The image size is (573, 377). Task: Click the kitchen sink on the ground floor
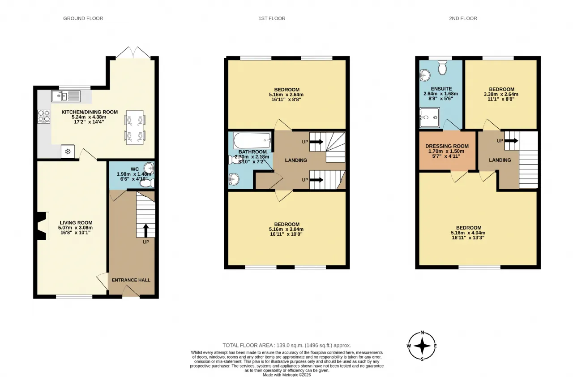tap(66, 96)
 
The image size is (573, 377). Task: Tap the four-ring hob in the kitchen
tap(44, 117)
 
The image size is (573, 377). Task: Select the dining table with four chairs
tap(135, 127)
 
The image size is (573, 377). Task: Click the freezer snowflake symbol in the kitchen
tap(68, 152)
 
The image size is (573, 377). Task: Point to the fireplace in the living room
tap(43, 226)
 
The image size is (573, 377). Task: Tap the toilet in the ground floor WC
tap(147, 183)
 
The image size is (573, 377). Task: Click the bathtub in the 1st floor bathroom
tap(252, 140)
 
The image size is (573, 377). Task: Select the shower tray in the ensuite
tap(430, 117)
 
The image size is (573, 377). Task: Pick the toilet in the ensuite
tap(442, 67)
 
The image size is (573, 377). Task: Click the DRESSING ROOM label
tap(447, 146)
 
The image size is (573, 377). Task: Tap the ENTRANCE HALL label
tap(131, 280)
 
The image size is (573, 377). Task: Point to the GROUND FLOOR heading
tap(83, 18)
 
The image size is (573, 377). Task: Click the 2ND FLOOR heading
tap(463, 18)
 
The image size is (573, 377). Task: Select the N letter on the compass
tap(422, 333)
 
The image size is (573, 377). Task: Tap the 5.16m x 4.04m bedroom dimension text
tap(468, 233)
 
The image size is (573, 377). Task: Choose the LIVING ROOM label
tap(76, 223)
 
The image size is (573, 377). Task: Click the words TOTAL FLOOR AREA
tap(248, 346)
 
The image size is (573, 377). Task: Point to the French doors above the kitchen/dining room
tap(133, 53)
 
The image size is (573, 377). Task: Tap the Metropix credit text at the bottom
tap(287, 375)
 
